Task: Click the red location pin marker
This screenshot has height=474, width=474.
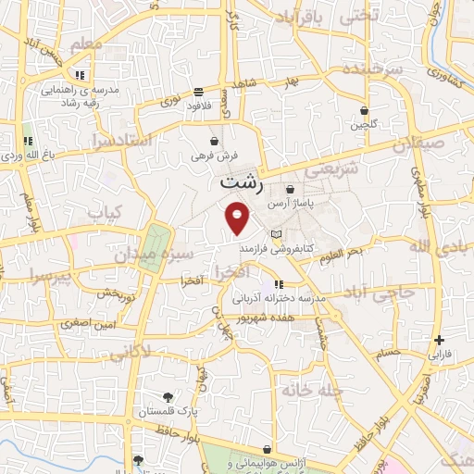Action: (x=238, y=218)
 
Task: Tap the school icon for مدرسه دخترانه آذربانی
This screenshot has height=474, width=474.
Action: (x=279, y=284)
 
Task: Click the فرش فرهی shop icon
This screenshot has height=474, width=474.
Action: (x=215, y=142)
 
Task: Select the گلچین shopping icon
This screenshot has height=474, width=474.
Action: (x=364, y=109)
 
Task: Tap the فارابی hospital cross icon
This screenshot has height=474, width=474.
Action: (x=439, y=340)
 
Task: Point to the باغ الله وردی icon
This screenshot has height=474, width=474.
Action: (x=27, y=141)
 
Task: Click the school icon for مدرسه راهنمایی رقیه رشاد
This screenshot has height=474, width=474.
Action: (x=81, y=74)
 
